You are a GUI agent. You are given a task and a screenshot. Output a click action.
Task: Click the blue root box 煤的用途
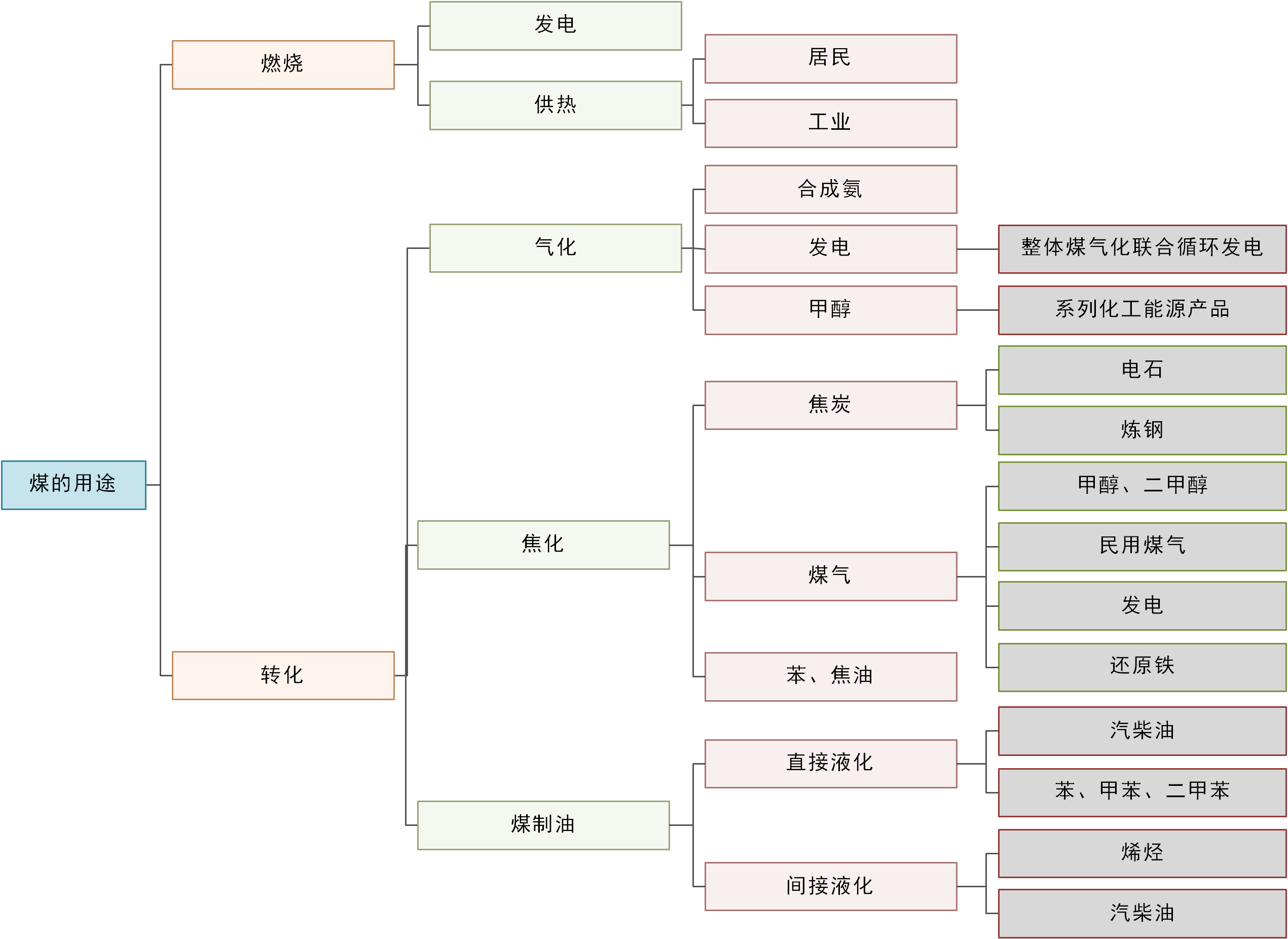[73, 485]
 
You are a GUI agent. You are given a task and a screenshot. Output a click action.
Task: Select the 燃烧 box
[283, 65]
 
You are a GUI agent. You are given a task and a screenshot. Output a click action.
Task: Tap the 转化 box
[283, 675]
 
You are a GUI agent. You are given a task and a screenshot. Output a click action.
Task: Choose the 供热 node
[555, 105]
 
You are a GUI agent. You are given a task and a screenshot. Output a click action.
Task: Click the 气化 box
[555, 248]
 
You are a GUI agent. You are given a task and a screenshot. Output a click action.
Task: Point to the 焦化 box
[543, 545]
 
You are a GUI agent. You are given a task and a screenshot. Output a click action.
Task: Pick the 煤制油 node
[543, 825]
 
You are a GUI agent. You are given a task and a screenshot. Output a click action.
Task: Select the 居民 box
[830, 58]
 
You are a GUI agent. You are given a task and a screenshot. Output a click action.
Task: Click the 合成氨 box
[830, 189]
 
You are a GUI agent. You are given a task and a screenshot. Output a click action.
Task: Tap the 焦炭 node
[830, 405]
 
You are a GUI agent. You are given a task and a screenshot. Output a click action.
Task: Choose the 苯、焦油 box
[830, 676]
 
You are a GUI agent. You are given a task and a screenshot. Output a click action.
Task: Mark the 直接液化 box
[830, 764]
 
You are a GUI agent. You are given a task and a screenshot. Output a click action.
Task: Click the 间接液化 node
[830, 886]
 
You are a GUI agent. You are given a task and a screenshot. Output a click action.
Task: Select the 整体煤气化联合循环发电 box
[1142, 249]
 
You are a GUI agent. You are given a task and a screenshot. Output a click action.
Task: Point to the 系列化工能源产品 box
[1142, 310]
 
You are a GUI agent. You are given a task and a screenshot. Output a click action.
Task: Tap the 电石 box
[1142, 370]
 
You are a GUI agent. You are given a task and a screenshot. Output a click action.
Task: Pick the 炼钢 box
[1142, 430]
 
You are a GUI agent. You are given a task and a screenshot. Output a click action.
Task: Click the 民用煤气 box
[1142, 546]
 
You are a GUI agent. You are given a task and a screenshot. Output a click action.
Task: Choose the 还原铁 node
[1142, 667]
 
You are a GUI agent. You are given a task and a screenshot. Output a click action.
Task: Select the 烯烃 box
[1142, 853]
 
